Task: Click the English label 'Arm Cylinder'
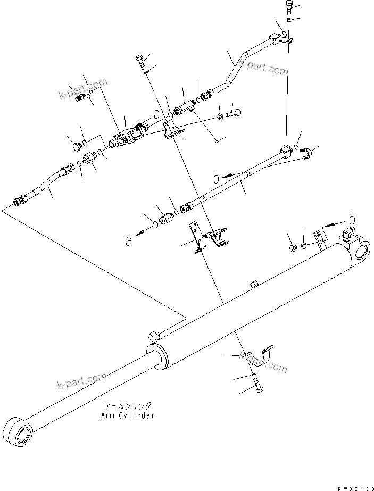pos(128,415)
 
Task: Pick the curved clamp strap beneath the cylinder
pos(260,355)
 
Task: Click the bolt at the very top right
pos(288,7)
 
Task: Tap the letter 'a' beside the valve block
pos(156,113)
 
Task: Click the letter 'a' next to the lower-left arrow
pos(128,240)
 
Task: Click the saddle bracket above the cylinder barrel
pos(211,238)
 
